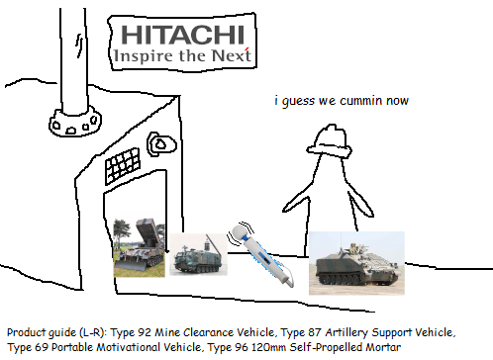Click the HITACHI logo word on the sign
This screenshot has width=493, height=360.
click(183, 35)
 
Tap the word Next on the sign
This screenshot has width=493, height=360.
click(231, 55)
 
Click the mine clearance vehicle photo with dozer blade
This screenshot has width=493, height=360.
click(140, 247)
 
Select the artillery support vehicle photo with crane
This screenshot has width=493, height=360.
click(198, 254)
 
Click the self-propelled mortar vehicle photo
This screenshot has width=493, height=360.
click(356, 263)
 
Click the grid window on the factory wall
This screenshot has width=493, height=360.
click(123, 165)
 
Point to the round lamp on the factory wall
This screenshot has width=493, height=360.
click(161, 144)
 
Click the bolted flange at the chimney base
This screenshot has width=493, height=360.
click(75, 123)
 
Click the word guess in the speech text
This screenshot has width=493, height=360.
click(298, 101)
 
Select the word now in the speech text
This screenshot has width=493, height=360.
click(397, 100)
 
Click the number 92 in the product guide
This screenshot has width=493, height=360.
click(145, 332)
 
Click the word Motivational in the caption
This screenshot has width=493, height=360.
click(125, 347)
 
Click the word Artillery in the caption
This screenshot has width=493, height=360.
click(346, 333)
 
